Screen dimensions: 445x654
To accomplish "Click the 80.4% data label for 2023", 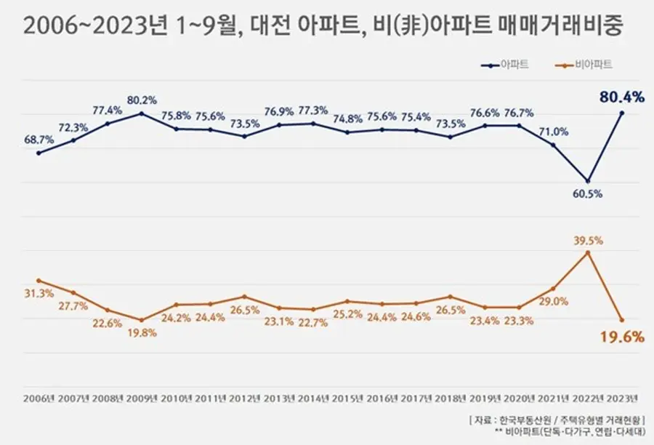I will (621, 97).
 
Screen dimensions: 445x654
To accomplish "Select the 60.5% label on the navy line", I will (587, 194).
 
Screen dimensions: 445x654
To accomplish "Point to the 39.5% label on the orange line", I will (588, 238).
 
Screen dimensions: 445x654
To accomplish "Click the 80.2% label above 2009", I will (142, 99).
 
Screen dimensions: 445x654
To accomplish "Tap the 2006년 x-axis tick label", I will (39, 398).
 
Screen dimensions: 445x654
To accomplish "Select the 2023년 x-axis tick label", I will (621, 398).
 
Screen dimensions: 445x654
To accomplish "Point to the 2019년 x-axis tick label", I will (485, 398).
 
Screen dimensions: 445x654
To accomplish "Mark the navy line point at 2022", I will (588, 180).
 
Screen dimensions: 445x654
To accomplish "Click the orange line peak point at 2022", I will (588, 252).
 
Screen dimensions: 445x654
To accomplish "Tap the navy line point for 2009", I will (142, 113).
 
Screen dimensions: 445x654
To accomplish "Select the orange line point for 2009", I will (142, 320).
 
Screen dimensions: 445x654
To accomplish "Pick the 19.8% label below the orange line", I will (142, 333).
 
